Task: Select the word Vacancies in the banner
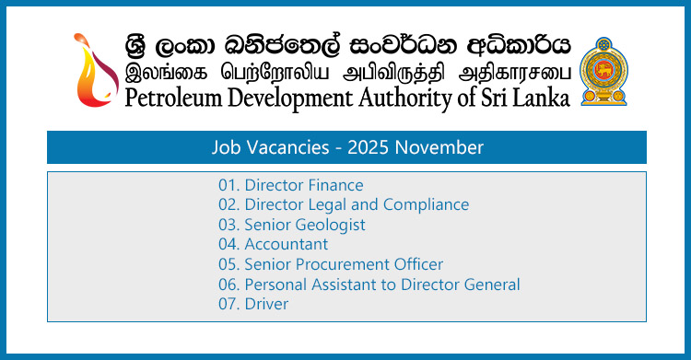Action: (x=297, y=147)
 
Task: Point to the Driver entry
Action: (x=266, y=304)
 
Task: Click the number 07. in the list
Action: (x=229, y=304)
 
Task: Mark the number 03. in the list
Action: (x=229, y=225)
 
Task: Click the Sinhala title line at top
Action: (x=348, y=44)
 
